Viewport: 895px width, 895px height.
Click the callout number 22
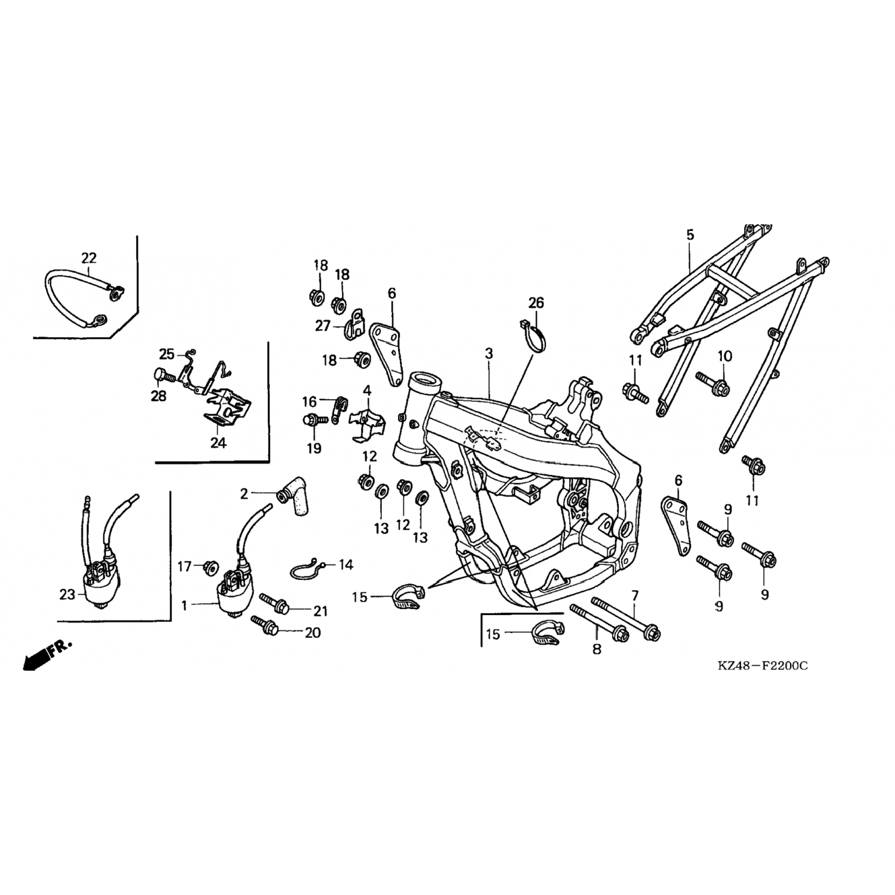(88, 258)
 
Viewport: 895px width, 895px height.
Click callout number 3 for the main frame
(489, 353)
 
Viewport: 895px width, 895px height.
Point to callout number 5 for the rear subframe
(690, 234)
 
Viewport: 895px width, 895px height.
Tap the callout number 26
(536, 303)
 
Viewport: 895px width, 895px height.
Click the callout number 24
(218, 443)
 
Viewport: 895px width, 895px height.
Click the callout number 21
(320, 611)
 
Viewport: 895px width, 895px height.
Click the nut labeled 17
(211, 565)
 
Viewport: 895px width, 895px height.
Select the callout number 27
(323, 326)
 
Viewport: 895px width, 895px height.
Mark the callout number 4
(367, 391)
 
